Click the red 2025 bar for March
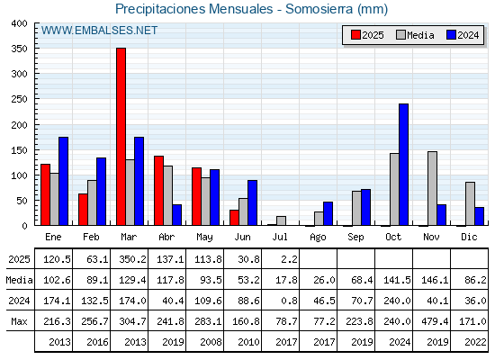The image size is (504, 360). click(x=121, y=137)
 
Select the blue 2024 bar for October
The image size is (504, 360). click(x=403, y=165)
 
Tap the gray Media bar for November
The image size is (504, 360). click(x=432, y=188)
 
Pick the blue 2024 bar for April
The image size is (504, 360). click(x=176, y=215)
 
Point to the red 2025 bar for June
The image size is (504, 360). click(x=234, y=218)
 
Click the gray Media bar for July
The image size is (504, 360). click(x=281, y=220)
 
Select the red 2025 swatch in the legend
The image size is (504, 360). click(x=355, y=35)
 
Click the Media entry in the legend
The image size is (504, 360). click(x=415, y=35)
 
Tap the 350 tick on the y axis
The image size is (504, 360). click(x=19, y=49)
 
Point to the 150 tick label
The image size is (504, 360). click(x=19, y=150)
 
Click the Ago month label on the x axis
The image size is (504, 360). click(x=318, y=238)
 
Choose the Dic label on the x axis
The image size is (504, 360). click(x=469, y=237)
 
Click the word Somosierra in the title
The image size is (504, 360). click(x=319, y=9)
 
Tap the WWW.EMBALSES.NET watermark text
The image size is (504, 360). click(x=99, y=31)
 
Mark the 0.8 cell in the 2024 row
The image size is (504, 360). click(x=289, y=301)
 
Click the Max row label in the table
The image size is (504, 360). click(x=19, y=321)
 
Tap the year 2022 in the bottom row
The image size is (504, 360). click(x=475, y=342)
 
